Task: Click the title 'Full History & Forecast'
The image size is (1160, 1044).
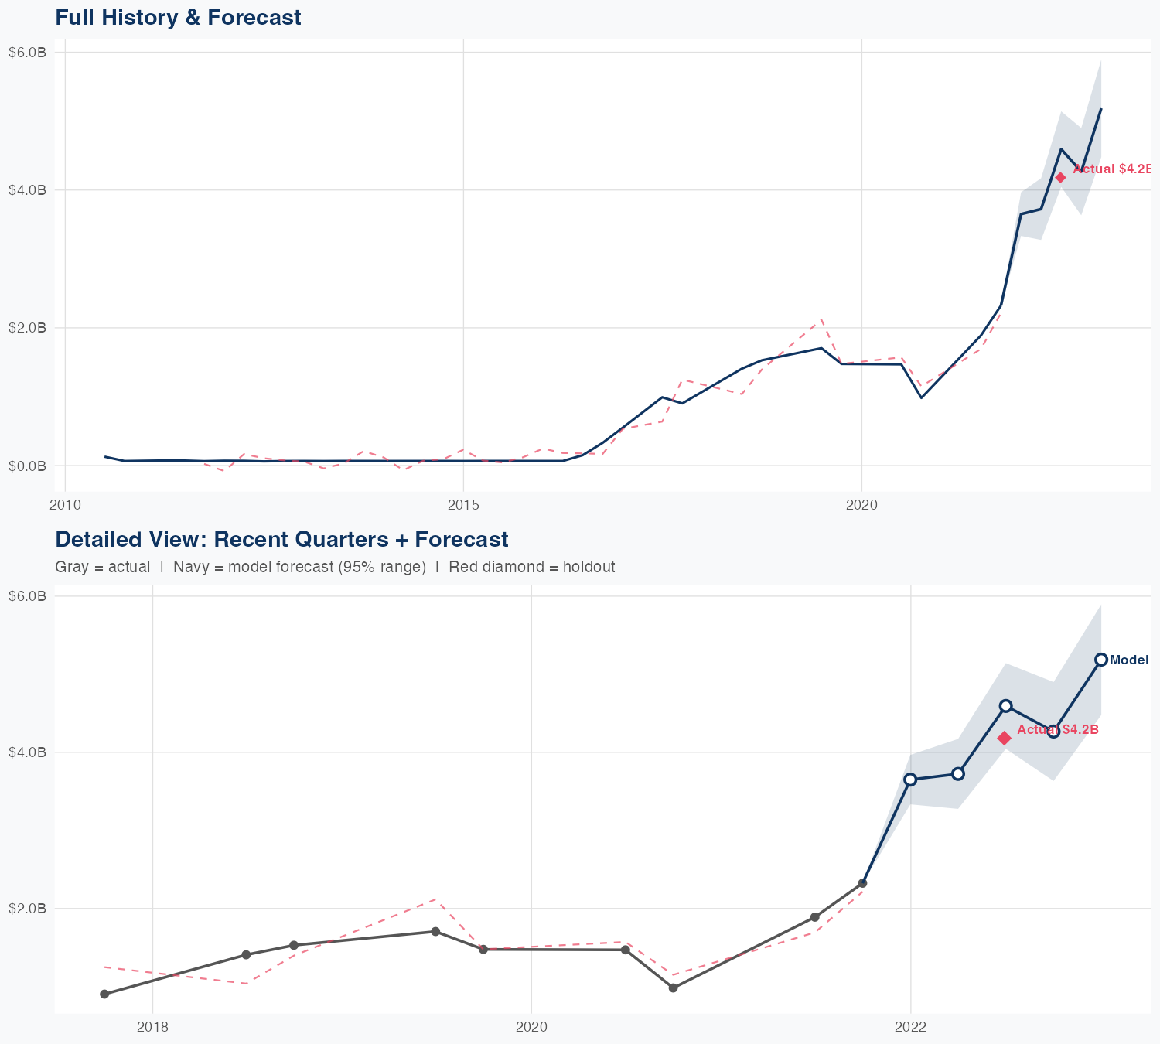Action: point(178,17)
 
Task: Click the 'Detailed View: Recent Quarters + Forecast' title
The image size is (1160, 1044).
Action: point(281,539)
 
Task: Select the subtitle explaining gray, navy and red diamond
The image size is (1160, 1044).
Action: point(335,567)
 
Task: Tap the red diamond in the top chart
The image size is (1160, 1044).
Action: point(1060,177)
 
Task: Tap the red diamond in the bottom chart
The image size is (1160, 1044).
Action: point(1004,738)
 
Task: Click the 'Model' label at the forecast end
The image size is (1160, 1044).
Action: point(1128,660)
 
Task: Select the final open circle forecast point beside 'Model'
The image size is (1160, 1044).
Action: point(1100,660)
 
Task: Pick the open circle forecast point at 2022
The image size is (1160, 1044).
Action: point(910,780)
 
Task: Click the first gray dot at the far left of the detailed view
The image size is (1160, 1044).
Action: point(104,994)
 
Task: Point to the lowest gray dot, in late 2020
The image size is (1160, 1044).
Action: point(673,988)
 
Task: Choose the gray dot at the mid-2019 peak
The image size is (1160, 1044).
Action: point(435,931)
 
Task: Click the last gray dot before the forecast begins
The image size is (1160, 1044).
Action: point(863,883)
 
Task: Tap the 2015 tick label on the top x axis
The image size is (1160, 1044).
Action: point(462,506)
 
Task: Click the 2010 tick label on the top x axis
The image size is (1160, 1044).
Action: point(65,506)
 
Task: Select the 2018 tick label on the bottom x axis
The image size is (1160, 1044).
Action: point(152,1027)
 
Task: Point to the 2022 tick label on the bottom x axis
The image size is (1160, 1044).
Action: point(910,1027)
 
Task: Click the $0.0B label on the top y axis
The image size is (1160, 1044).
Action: point(27,466)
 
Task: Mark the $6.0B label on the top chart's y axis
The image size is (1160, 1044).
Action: point(27,53)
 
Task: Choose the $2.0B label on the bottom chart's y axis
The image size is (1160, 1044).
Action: point(27,908)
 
